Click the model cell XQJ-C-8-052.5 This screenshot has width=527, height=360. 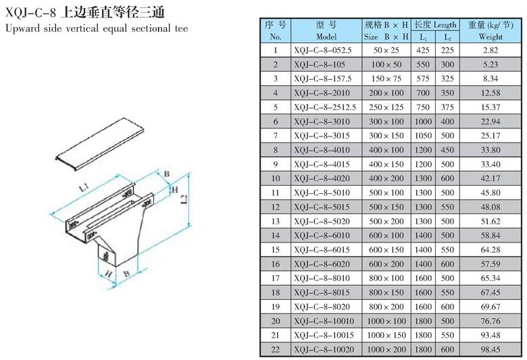tap(323, 51)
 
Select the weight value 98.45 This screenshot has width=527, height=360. tap(491, 350)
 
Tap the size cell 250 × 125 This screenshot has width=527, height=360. tap(386, 107)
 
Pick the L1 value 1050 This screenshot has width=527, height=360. tap(423, 136)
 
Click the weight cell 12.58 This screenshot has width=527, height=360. tap(491, 93)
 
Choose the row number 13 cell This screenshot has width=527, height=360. tap(276, 221)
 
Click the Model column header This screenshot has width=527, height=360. tap(326, 30)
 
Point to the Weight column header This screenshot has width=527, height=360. tap(491, 30)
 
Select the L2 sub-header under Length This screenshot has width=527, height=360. tap(448, 37)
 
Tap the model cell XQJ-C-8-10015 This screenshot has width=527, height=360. tap(324, 335)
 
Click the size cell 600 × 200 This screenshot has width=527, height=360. tap(386, 264)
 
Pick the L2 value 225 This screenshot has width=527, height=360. tap(447, 51)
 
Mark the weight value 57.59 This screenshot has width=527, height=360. tap(491, 264)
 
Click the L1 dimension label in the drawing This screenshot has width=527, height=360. tap(84, 187)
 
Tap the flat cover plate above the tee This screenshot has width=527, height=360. tap(100, 144)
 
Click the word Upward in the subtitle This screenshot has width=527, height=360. tap(22, 28)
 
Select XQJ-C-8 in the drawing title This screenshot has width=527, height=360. tap(30, 13)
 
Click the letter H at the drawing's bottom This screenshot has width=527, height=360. tap(108, 274)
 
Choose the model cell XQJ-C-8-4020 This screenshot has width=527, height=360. tap(322, 178)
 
